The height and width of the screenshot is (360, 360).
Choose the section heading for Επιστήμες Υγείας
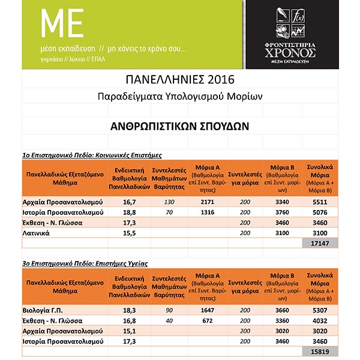[x=85, y=262]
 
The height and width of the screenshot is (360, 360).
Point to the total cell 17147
[x=321, y=243]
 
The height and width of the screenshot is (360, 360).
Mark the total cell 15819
[x=321, y=352]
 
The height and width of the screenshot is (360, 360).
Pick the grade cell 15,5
[x=131, y=232]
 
